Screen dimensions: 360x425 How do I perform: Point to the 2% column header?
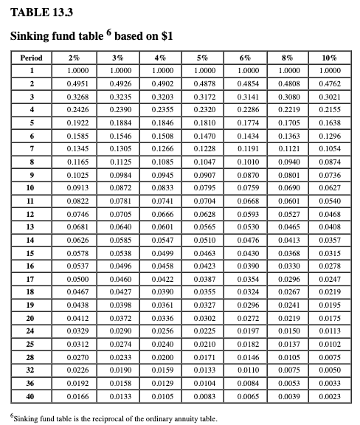click(x=74, y=58)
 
